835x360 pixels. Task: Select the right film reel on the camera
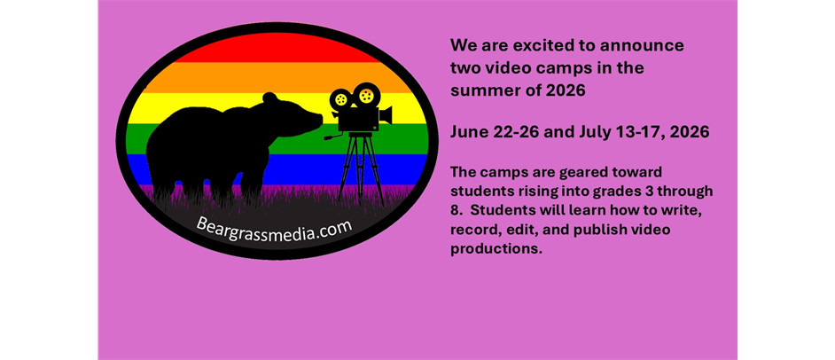click(x=365, y=95)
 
